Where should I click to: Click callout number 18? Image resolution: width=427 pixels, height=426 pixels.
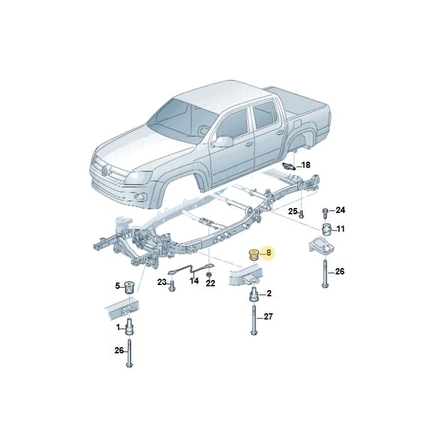point(306,165)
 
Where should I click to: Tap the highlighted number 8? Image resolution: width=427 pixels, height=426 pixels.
point(269,252)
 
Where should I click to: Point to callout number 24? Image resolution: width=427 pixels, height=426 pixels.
point(340,210)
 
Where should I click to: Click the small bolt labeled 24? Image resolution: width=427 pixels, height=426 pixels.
point(325,213)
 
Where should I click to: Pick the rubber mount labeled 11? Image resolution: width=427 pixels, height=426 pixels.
point(327,230)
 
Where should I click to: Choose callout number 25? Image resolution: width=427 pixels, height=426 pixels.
point(293,211)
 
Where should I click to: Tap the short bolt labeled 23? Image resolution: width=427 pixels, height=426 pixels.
point(172,286)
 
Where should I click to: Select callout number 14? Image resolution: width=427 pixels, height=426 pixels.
point(194,281)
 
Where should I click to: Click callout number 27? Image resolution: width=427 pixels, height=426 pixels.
point(268,316)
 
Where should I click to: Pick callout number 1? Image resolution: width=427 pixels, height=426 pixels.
point(118,327)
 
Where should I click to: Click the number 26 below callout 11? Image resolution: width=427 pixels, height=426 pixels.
point(340,271)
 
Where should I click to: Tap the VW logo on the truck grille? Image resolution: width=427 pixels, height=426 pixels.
point(105,170)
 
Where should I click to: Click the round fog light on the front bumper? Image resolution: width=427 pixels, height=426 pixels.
point(140,197)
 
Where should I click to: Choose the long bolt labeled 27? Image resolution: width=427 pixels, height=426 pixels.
point(254,320)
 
